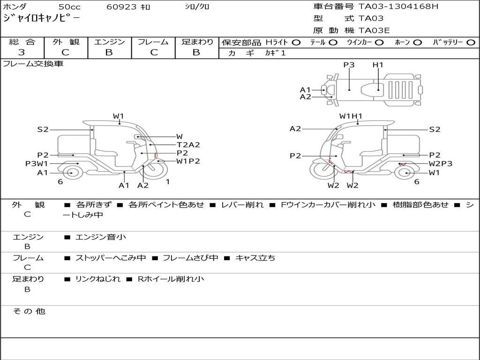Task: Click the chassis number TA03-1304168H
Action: coord(398,7)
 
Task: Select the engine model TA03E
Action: coord(374,30)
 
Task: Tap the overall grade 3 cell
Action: coord(22,52)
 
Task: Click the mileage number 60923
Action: coord(121,7)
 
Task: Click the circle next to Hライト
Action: coord(296,43)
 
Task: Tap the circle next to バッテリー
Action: coord(471,43)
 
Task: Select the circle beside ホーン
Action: coord(417,43)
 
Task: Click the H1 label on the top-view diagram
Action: coord(378,65)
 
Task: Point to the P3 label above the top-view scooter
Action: coord(349,65)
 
